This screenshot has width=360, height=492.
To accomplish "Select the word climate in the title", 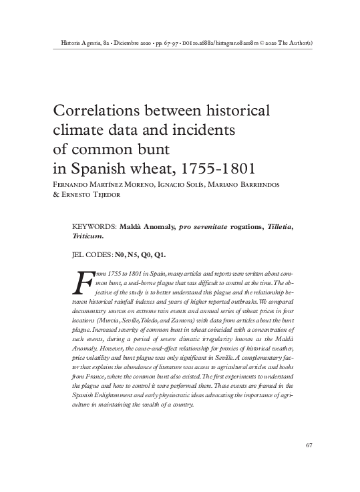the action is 75,128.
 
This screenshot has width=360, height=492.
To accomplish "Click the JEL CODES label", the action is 91,254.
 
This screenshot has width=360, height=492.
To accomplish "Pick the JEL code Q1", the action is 160,254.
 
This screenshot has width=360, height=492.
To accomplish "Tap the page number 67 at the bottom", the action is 309,445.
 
